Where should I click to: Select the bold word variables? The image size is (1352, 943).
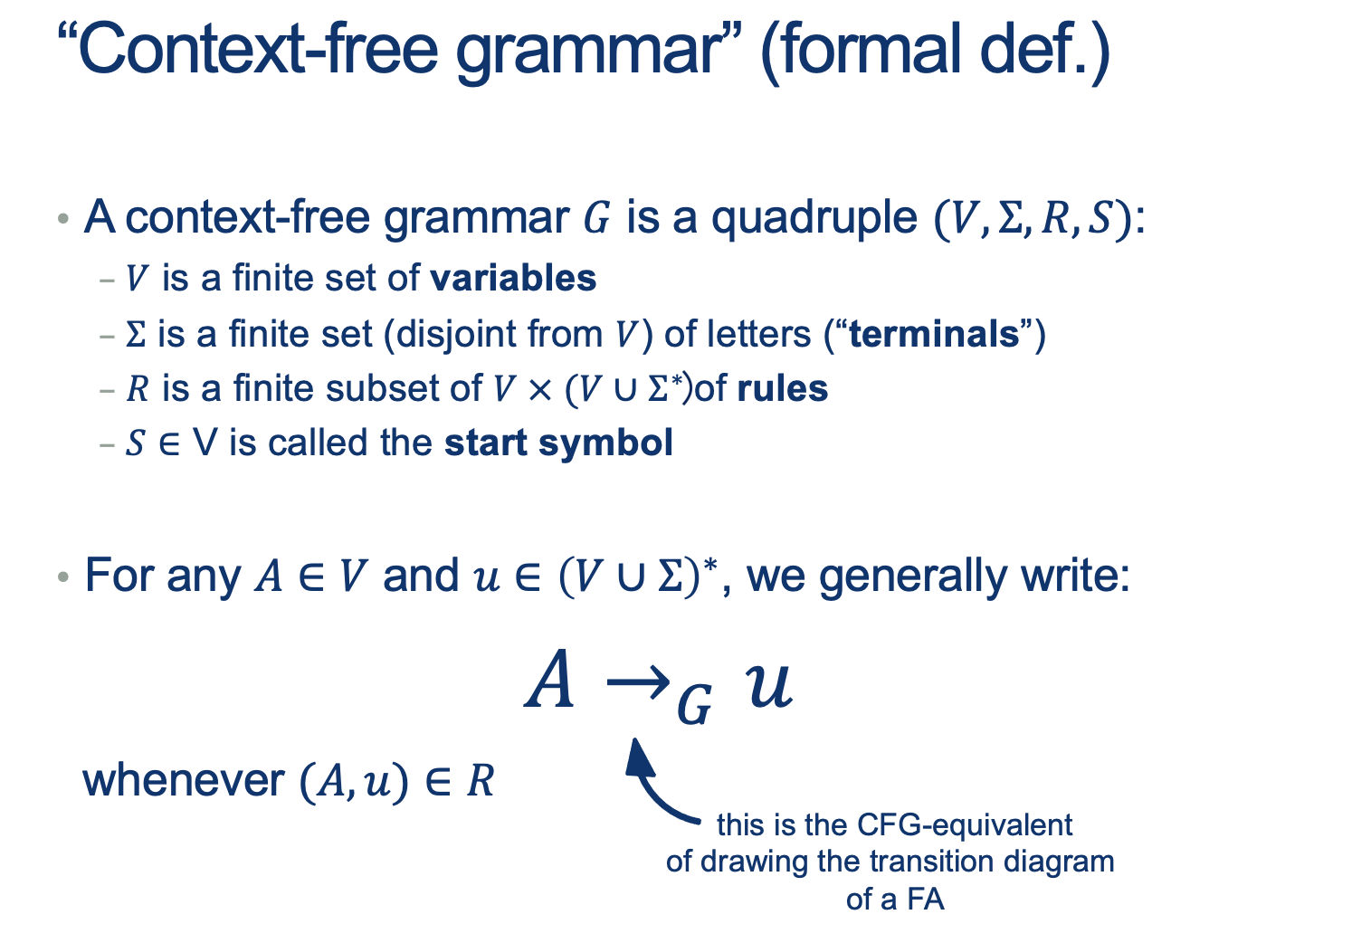point(513,279)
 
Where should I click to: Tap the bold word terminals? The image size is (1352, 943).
point(934,334)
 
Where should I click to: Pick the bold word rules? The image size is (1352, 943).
point(783,388)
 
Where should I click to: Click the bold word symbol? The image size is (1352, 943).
point(605,443)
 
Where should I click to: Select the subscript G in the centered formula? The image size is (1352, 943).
point(694,706)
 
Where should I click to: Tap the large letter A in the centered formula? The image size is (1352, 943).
point(549,679)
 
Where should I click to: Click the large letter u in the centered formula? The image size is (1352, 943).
point(769,685)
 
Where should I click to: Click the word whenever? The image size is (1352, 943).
point(184,781)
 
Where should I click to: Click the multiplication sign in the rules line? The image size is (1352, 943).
point(539,390)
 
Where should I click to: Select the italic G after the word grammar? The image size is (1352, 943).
point(597,218)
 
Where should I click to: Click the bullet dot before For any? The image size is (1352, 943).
point(62,577)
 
